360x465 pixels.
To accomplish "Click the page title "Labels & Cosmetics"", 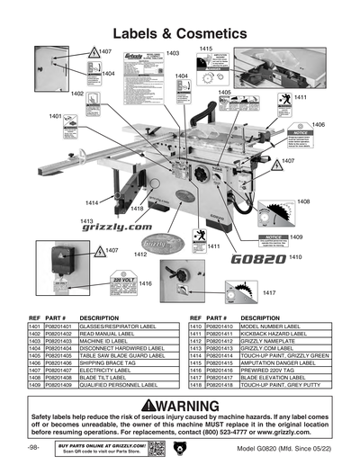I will [179, 32].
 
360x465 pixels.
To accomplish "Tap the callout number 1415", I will [206, 49].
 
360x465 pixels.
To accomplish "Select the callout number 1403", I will [172, 53].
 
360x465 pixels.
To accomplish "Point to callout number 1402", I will [77, 94].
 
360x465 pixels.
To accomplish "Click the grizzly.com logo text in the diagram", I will [117, 228].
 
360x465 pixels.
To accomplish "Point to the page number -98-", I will [33, 447].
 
